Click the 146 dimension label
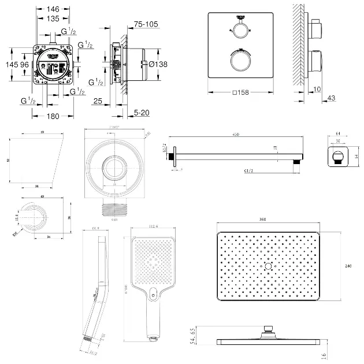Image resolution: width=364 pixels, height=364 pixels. pyautogui.click(x=53, y=9)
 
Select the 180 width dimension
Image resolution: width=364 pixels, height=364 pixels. pyautogui.click(x=53, y=116)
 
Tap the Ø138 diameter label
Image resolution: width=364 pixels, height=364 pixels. pyautogui.click(x=158, y=64)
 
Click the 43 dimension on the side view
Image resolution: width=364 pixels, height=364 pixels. pyautogui.click(x=331, y=98)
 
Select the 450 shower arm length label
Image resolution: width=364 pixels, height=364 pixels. pyautogui.click(x=235, y=135)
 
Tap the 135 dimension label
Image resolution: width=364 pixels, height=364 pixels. pyautogui.click(x=53, y=18)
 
